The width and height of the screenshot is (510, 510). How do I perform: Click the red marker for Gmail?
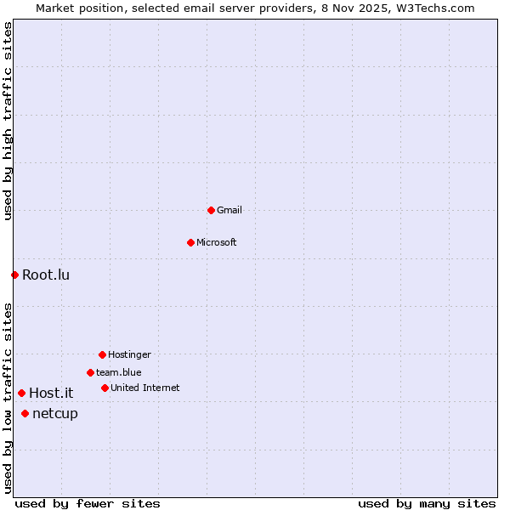point(211,210)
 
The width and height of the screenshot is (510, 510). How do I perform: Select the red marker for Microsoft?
point(190,242)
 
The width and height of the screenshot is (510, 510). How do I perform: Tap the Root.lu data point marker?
point(14,275)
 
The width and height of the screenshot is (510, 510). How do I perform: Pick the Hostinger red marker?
point(102,354)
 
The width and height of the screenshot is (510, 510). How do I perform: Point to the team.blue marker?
point(90,372)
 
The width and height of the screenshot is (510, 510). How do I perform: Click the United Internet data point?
point(105,388)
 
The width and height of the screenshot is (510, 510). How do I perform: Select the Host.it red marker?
point(21,393)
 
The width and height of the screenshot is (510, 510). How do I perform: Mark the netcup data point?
point(25,413)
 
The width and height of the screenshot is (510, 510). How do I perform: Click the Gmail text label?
point(229,210)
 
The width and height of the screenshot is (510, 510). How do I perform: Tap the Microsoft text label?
point(217,242)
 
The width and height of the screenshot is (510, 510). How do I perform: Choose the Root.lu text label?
point(46,275)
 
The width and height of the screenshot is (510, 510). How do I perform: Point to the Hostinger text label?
point(129,354)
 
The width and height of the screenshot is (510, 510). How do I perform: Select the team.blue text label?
point(119,372)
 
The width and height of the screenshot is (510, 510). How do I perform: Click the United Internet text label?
point(145,388)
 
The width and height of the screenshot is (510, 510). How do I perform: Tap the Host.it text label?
point(51,393)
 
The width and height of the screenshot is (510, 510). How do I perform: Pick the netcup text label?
point(55,413)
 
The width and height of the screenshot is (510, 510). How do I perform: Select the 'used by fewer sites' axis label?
point(88,503)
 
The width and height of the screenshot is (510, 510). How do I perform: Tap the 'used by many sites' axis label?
point(427,503)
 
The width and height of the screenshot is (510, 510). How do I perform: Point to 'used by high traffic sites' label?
point(8,121)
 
